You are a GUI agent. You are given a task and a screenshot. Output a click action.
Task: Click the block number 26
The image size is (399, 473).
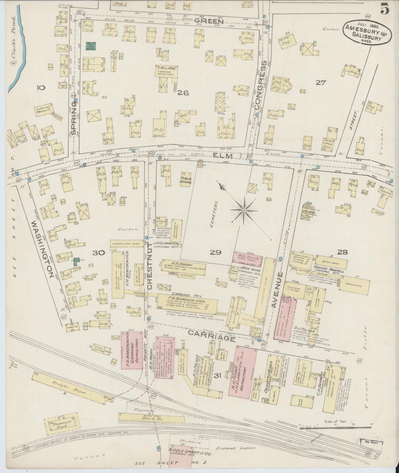183,93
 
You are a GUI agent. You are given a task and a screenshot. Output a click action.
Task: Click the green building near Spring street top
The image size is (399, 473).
91,46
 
